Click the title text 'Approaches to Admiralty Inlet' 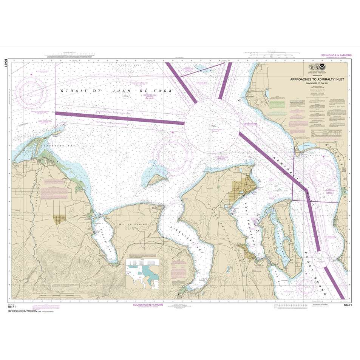tap(317, 80)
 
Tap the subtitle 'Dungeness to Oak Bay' tap(317, 84)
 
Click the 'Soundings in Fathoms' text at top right tap(336, 56)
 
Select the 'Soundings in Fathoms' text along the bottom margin tap(148, 304)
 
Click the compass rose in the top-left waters tap(33, 91)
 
